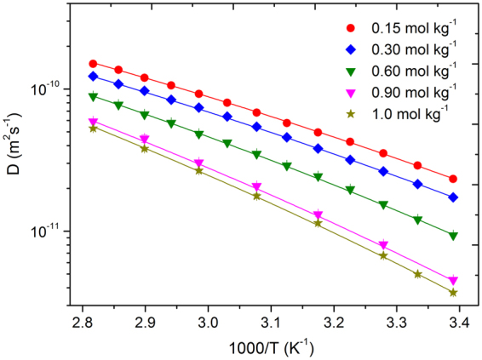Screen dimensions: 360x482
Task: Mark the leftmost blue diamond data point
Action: coord(94,76)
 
